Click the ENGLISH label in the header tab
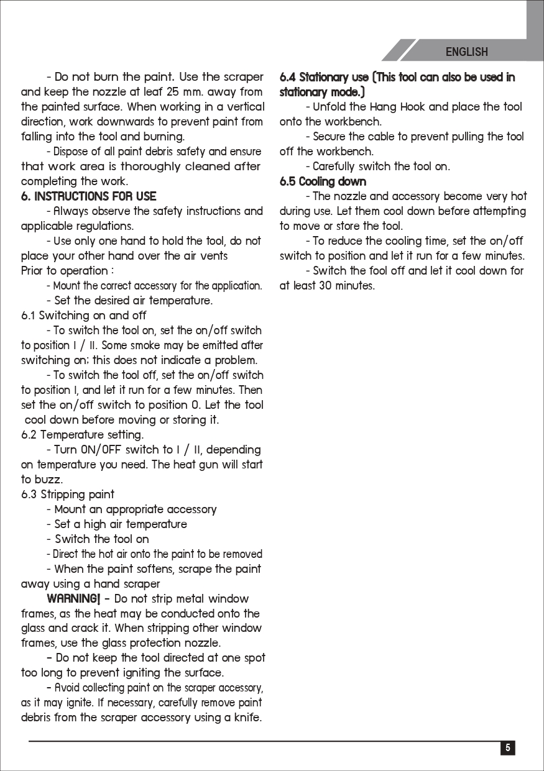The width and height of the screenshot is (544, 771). point(466,52)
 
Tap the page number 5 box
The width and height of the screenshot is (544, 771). point(508,748)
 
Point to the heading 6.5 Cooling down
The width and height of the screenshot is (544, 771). point(323,181)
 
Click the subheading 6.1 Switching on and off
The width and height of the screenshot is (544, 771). point(83,316)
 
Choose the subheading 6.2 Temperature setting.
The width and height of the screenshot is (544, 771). point(82,435)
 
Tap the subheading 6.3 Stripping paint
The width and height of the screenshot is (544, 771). point(68,495)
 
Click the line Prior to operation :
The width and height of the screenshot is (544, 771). point(67,271)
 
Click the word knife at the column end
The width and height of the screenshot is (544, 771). point(246,718)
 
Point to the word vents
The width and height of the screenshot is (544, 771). point(212,256)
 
